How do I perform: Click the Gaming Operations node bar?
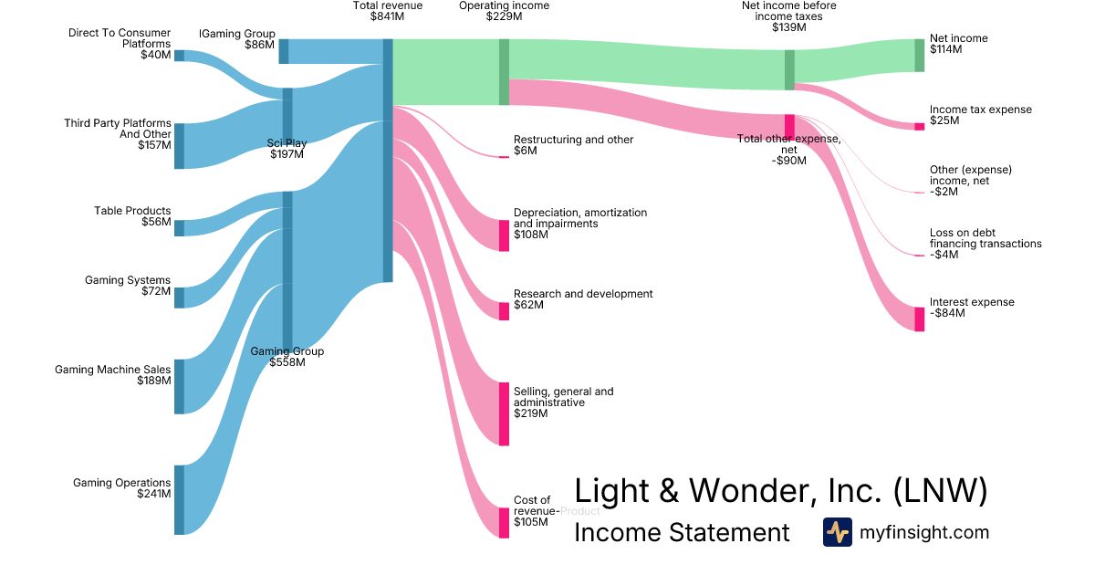(179, 499)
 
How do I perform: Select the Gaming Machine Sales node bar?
(179, 386)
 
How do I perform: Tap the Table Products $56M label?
(132, 216)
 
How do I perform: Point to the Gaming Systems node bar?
(179, 298)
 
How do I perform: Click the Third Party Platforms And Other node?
(179, 146)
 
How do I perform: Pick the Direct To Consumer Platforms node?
(179, 55)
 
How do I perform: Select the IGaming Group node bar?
(284, 51)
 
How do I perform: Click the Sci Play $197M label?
(287, 148)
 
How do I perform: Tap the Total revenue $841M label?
(388, 11)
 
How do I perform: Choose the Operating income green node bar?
(504, 72)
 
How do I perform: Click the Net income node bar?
(919, 56)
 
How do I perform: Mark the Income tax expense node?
(919, 126)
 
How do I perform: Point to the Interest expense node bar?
(919, 319)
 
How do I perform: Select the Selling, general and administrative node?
(504, 413)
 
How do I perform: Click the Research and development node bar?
(504, 311)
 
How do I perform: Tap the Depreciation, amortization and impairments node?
(504, 235)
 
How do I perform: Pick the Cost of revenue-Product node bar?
(504, 522)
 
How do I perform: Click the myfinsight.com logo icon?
(837, 532)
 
